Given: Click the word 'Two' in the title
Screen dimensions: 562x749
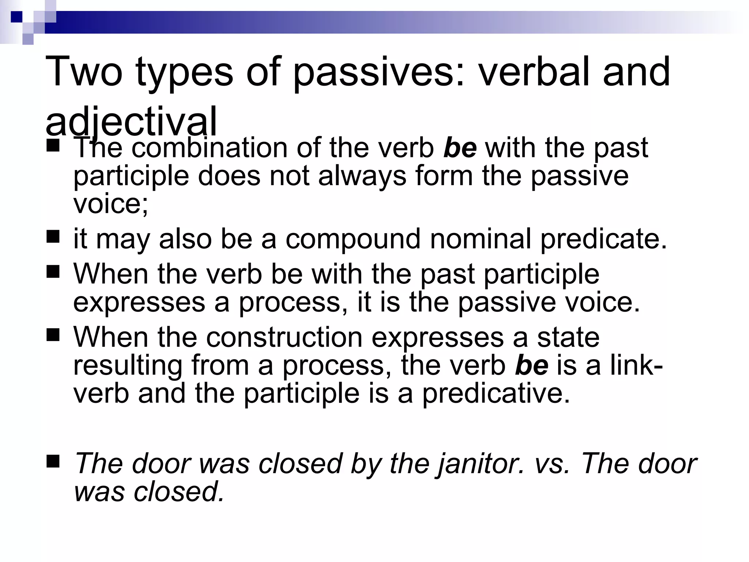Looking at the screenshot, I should point(84,72).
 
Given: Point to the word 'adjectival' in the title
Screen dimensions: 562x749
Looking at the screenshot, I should point(131,121).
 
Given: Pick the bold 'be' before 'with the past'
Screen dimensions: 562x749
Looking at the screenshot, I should point(460,148).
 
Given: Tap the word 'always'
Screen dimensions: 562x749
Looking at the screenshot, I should point(362,176).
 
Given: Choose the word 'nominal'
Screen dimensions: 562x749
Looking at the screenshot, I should point(480,239).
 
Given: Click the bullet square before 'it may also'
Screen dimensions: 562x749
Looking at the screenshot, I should point(53,237).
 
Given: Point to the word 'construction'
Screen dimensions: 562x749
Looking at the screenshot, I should point(284,337).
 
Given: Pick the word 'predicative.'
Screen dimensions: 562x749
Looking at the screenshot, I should point(496,394).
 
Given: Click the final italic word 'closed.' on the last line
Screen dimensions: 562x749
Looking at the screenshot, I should point(179,492).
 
